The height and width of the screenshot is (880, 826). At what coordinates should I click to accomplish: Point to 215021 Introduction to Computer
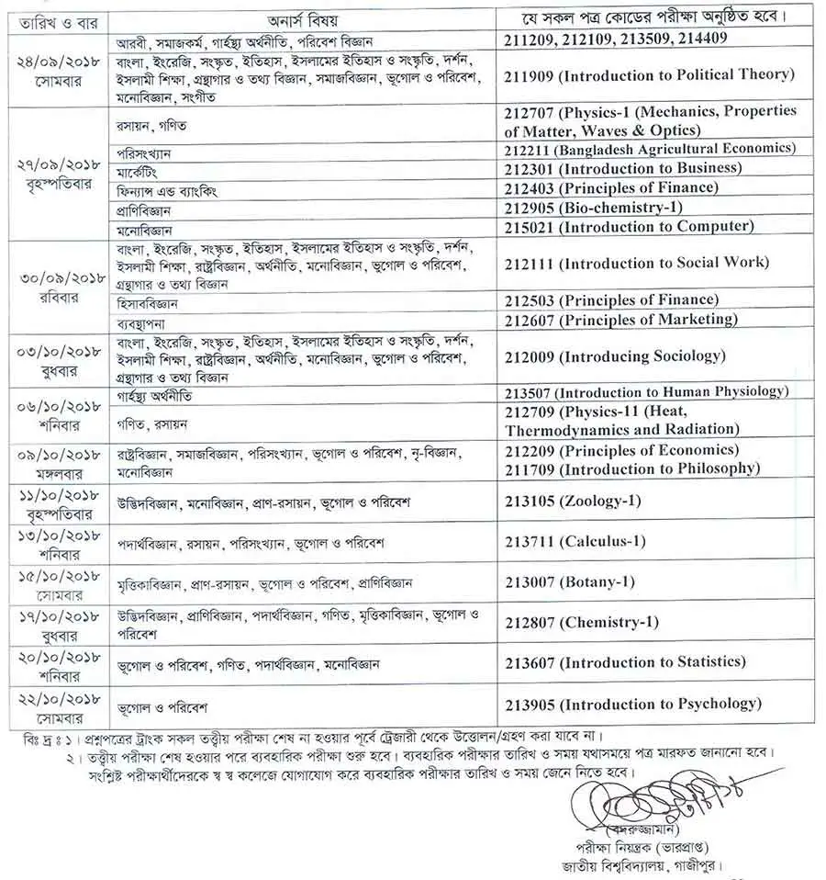(629, 226)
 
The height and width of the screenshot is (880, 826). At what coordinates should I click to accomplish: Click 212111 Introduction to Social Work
(636, 263)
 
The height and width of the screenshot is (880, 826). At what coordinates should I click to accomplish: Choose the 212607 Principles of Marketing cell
(621, 320)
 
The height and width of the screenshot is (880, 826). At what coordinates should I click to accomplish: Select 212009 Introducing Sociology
(614, 355)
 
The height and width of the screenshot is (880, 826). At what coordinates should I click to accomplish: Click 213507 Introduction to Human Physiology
(645, 391)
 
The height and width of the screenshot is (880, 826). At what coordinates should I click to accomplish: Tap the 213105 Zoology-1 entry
(573, 502)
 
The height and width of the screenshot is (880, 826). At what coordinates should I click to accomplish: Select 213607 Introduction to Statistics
(624, 661)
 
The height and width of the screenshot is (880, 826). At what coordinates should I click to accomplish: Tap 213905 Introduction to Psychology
(632, 704)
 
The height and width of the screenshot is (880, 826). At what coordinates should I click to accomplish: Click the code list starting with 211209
(616, 39)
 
